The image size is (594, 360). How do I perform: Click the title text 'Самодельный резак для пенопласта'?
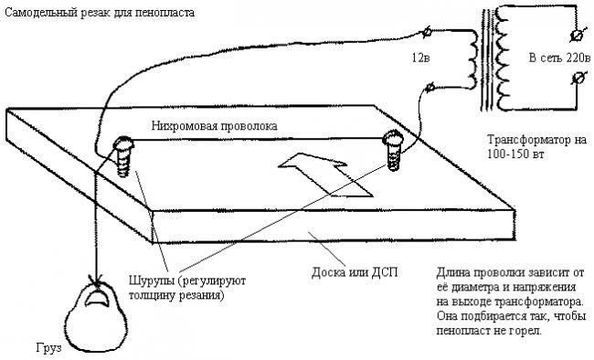click(100, 13)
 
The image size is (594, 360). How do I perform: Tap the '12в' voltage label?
click(420, 58)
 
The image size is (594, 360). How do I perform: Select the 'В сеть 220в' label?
click(559, 58)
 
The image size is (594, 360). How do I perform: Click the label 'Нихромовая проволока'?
click(214, 126)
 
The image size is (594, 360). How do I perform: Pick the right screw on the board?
click(394, 150)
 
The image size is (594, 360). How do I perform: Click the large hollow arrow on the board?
click(325, 174)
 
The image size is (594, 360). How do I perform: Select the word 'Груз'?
click(48, 348)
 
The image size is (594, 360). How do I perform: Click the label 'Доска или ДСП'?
click(355, 272)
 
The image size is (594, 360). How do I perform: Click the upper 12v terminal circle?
click(427, 32)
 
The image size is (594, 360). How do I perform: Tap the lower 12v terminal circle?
click(430, 88)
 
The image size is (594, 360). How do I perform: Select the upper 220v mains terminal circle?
click(577, 36)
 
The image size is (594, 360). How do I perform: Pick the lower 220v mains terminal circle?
click(577, 79)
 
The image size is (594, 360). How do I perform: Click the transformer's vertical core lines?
click(486, 60)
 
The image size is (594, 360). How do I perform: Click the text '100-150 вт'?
click(515, 154)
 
